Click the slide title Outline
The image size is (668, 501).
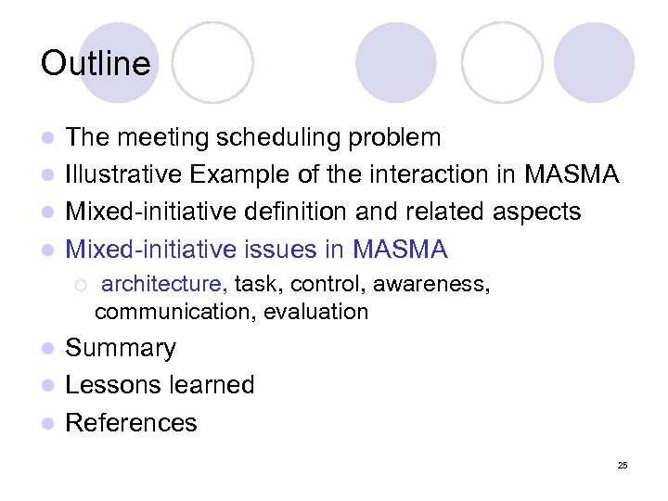95,63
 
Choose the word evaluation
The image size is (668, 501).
315,312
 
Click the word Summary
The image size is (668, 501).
121,349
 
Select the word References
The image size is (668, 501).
131,423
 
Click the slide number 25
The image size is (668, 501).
623,465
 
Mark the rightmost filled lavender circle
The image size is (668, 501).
594,62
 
